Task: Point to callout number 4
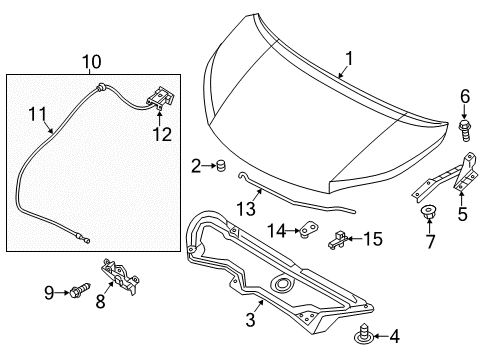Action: point(365,335)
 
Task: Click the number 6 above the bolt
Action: point(464,96)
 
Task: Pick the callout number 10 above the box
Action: point(92,61)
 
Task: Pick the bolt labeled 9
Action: point(80,291)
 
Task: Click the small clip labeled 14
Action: point(302,233)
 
